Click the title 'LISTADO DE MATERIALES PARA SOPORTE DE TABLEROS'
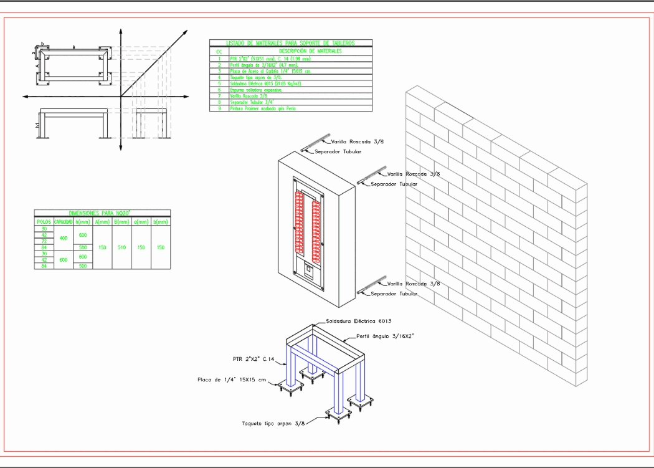pyautogui.click(x=290, y=43)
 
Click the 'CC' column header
pyautogui.click(x=219, y=51)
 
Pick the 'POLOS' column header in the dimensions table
pyautogui.click(x=44, y=221)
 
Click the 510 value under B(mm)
pyautogui.click(x=121, y=247)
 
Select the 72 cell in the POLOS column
pyautogui.click(x=44, y=241)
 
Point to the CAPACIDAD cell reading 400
pyautogui.click(x=63, y=238)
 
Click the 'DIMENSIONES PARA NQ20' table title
pyautogui.click(x=102, y=213)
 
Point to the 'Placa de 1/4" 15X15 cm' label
pyautogui.click(x=232, y=379)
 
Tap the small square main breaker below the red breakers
pyautogui.click(x=308, y=270)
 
